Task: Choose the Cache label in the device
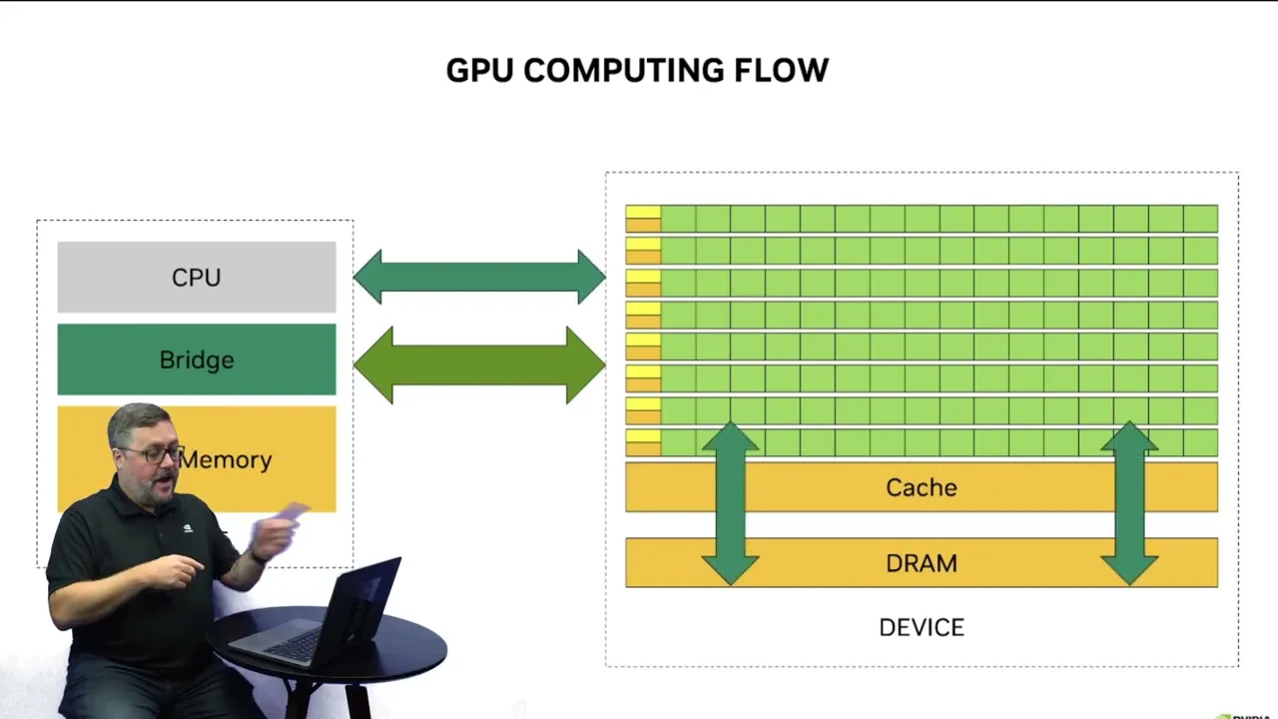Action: [921, 487]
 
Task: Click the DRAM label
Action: [921, 563]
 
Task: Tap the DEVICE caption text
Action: [921, 627]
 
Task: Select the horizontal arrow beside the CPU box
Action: [479, 277]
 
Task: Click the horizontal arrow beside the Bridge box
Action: [479, 365]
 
